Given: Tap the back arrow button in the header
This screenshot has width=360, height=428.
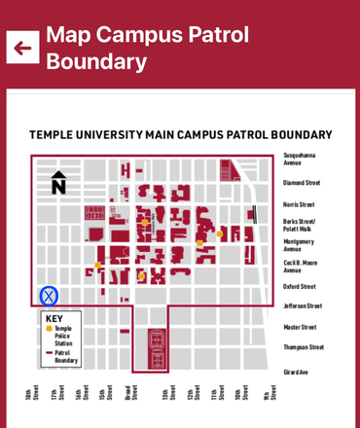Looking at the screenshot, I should pyautogui.click(x=22, y=47).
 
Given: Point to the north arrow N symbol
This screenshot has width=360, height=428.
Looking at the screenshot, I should pyautogui.click(x=58, y=182).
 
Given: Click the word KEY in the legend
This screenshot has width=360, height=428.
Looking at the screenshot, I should pyautogui.click(x=53, y=319).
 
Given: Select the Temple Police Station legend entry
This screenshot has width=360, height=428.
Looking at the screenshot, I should pyautogui.click(x=62, y=334).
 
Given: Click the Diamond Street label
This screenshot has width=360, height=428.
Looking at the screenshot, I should pyautogui.click(x=301, y=183).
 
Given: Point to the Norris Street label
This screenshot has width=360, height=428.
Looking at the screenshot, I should pyautogui.click(x=299, y=204).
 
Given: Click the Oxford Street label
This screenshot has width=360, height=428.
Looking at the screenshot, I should pyautogui.click(x=299, y=287).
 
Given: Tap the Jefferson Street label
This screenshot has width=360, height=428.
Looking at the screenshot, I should pyautogui.click(x=302, y=306).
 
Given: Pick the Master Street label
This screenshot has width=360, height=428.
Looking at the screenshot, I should pyautogui.click(x=299, y=327).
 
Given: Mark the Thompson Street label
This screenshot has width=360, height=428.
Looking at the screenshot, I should pyautogui.click(x=303, y=347).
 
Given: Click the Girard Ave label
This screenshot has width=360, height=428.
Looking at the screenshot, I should pyautogui.click(x=296, y=372).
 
